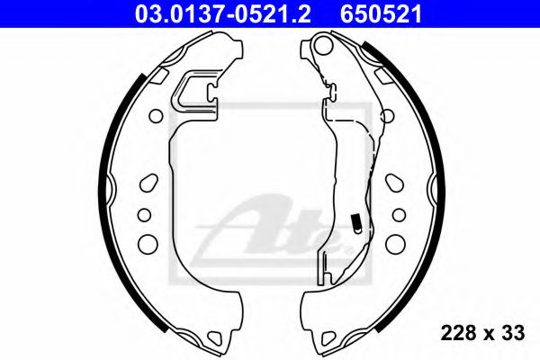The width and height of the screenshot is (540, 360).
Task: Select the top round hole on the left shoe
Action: pyautogui.click(x=155, y=116)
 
